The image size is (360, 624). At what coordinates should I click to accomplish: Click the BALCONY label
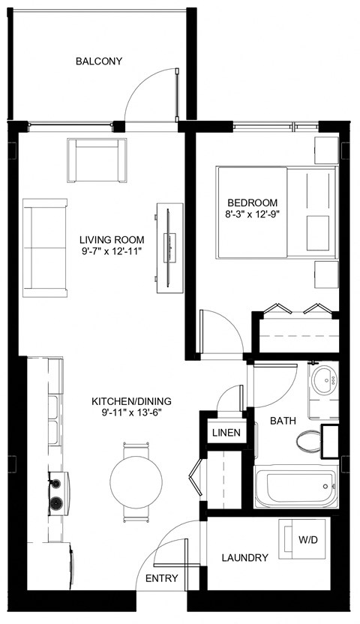(x=98, y=61)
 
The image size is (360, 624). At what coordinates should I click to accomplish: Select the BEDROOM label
(x=253, y=202)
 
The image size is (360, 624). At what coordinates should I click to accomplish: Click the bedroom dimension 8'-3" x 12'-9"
(x=253, y=214)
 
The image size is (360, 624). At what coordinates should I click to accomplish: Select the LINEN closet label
(x=226, y=433)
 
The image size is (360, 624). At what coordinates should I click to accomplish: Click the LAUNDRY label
(x=245, y=558)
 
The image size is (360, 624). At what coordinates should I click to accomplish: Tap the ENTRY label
(x=161, y=578)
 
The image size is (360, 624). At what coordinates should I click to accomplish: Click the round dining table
(x=136, y=478)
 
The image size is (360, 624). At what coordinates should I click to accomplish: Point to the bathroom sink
(x=325, y=379)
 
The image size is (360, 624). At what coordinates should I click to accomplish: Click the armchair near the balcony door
(x=95, y=159)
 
